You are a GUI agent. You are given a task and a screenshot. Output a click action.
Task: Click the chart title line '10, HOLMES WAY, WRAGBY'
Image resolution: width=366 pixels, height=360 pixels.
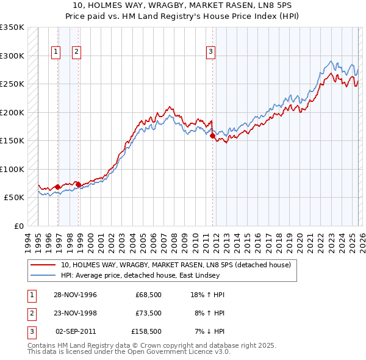pyautogui.click(x=183, y=6)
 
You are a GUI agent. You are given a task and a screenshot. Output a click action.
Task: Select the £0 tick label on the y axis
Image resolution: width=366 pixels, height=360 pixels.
pyautogui.click(x=18, y=226)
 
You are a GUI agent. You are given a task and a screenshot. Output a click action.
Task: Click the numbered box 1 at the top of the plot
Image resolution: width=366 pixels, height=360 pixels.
pyautogui.click(x=56, y=52)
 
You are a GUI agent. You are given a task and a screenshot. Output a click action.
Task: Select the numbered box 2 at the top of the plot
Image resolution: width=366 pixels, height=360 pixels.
pyautogui.click(x=76, y=52)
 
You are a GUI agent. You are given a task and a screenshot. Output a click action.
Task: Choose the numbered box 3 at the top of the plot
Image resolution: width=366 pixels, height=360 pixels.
pyautogui.click(x=210, y=52)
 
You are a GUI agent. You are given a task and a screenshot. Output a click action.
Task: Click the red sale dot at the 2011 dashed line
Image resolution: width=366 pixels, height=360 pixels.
pyautogui.click(x=213, y=136)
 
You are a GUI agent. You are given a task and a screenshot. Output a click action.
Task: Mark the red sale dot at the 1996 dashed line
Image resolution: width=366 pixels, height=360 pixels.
pyautogui.click(x=58, y=187)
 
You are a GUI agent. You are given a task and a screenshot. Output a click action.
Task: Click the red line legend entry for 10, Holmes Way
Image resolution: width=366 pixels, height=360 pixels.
pyautogui.click(x=176, y=265)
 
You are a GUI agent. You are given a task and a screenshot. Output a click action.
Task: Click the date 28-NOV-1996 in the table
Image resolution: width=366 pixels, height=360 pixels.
pyautogui.click(x=75, y=295)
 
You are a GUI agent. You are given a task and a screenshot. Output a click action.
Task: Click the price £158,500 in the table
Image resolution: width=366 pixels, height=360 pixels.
pyautogui.click(x=146, y=331)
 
